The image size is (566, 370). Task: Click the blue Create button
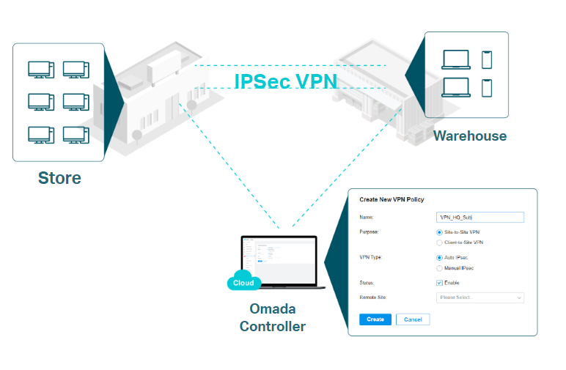click(375, 319)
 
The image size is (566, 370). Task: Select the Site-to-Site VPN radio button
click(439, 232)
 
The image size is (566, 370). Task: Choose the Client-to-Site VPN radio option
click(439, 243)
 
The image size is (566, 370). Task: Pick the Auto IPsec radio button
click(439, 258)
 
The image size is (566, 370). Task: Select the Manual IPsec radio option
click(439, 268)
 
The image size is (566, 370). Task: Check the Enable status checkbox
click(439, 283)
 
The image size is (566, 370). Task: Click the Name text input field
click(479, 218)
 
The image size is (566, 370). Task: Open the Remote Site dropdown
click(479, 297)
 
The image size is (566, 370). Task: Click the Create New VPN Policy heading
click(392, 199)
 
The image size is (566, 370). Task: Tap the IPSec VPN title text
click(285, 81)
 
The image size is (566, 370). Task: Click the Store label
click(59, 178)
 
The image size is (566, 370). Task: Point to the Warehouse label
click(469, 136)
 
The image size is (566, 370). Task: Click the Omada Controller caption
click(273, 317)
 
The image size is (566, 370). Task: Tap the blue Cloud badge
click(243, 283)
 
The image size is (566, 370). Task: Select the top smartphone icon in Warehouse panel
click(486, 59)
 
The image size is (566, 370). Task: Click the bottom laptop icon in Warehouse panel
click(455, 87)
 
